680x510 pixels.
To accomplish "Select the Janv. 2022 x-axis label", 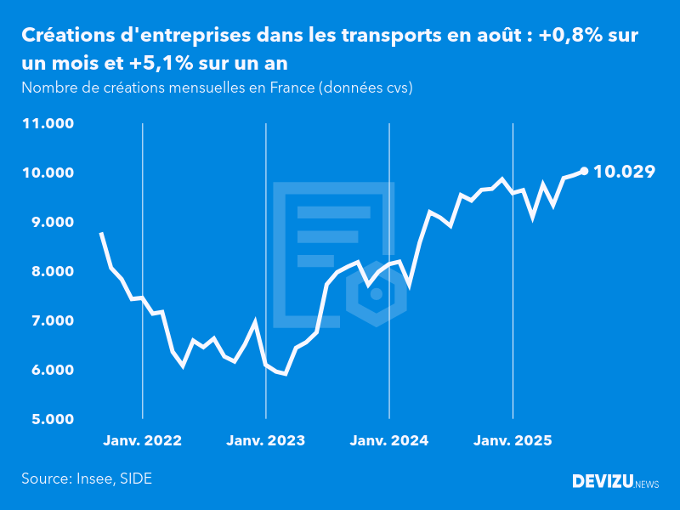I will pos(143,441).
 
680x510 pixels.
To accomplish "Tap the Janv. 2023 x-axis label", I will pos(266,441).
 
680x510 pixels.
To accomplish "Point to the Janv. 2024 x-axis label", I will pos(389,441).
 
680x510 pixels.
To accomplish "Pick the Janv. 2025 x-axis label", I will pos(513,441).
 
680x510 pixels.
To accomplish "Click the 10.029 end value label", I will pos(624,172).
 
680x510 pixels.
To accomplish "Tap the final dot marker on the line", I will pos(584,171).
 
